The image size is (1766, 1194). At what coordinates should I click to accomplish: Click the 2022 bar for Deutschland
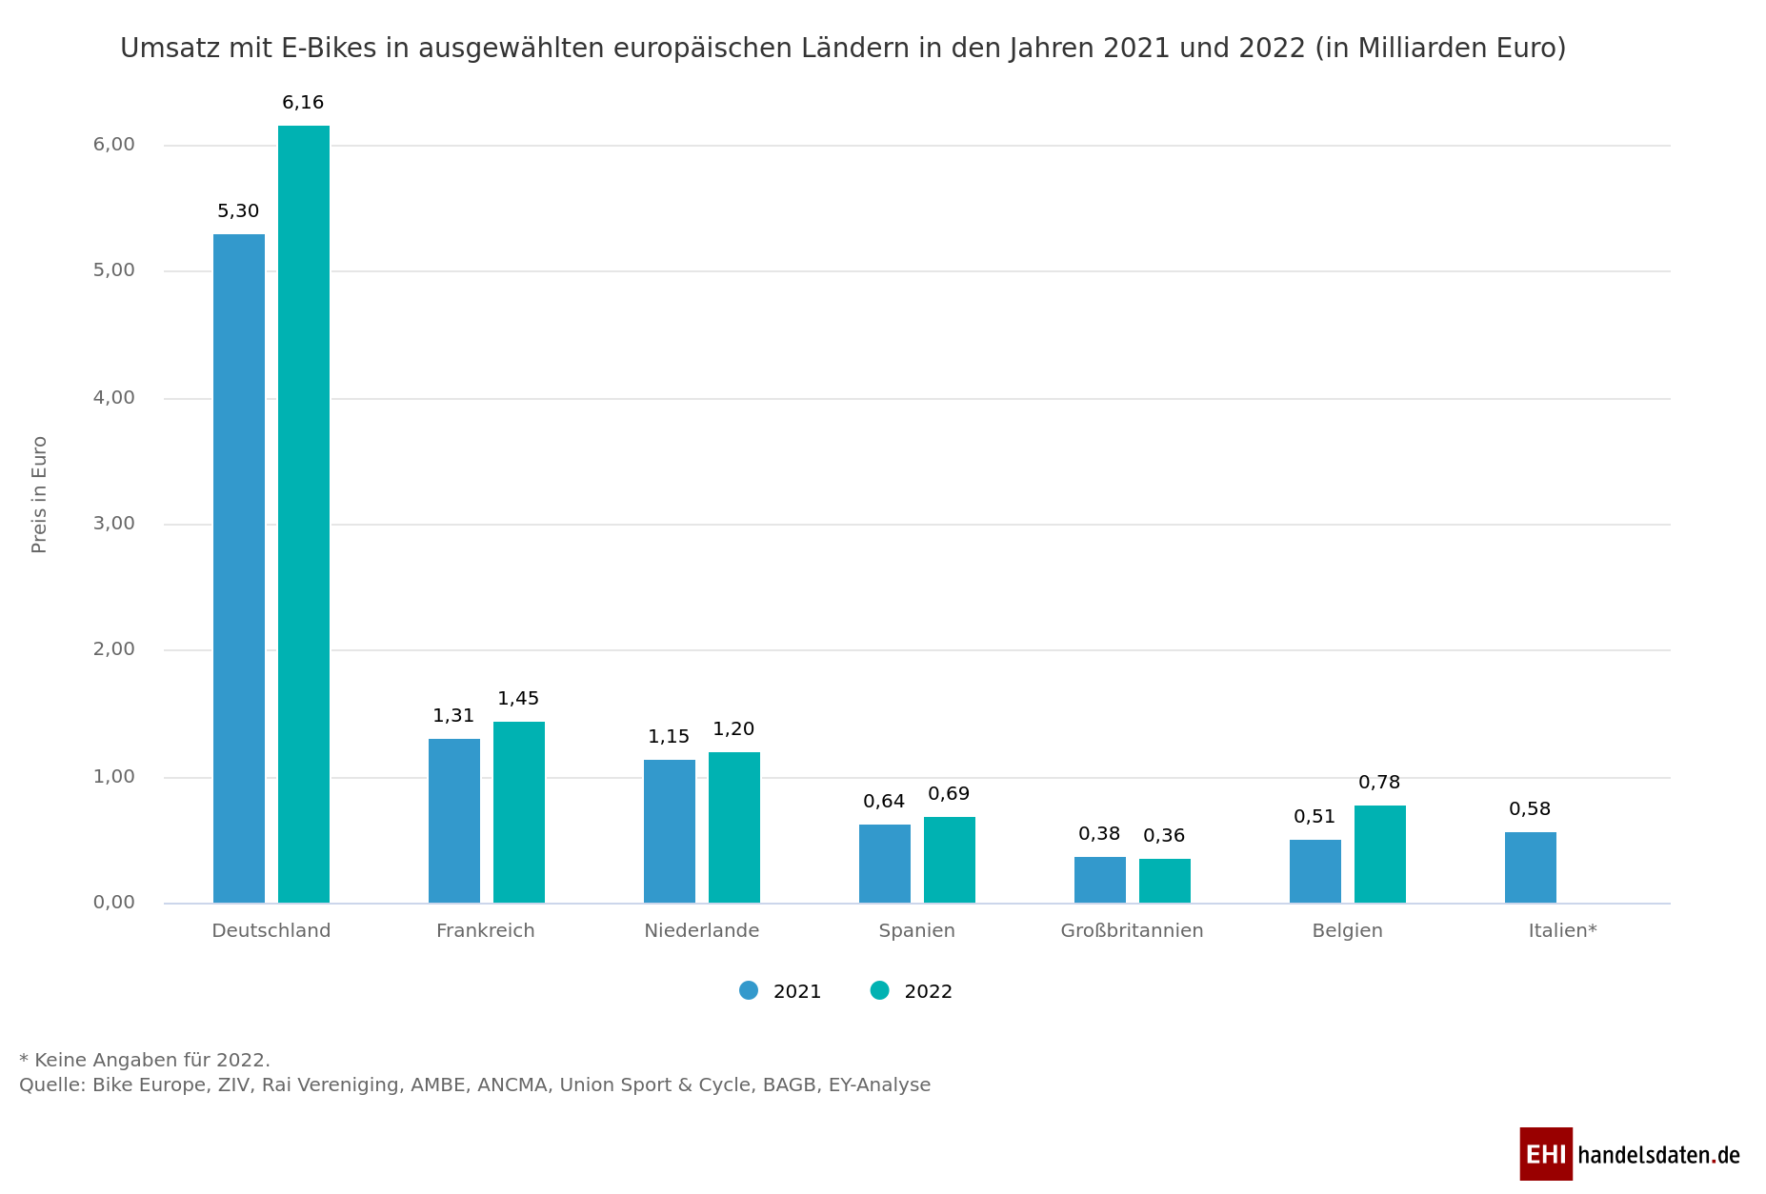(304, 514)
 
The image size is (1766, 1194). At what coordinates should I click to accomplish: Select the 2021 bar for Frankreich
(454, 821)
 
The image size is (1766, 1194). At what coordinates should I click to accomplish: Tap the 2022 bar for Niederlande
(734, 827)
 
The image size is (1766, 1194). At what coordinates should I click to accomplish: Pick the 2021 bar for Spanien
(885, 864)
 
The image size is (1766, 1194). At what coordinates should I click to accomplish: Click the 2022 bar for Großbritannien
(1165, 881)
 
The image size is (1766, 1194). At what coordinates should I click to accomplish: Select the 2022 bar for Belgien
(1380, 854)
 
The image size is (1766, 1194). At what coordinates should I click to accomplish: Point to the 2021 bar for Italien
(1531, 867)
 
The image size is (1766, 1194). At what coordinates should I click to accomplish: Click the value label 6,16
(303, 103)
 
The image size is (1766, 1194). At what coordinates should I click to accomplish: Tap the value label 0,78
(1379, 783)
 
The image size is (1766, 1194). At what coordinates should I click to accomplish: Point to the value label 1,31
(453, 716)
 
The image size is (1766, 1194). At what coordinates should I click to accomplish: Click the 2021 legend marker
(749, 990)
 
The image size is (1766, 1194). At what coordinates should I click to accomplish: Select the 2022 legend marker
(879, 990)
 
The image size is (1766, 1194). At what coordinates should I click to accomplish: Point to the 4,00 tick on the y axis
(114, 398)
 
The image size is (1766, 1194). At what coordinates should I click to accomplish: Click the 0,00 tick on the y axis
(114, 903)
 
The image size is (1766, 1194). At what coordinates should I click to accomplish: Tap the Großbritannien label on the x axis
(1132, 930)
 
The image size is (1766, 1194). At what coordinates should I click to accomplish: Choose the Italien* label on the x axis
(1562, 930)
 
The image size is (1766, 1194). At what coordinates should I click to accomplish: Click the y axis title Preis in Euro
(39, 494)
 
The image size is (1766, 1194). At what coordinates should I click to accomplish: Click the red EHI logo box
(1545, 1154)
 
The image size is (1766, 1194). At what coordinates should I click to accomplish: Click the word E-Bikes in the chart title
(330, 48)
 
